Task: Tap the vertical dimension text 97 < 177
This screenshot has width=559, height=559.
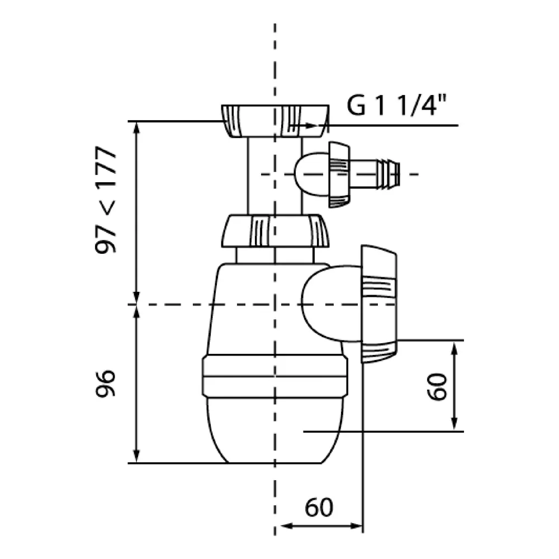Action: coord(106,200)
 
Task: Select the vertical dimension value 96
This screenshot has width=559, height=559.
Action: coord(106,383)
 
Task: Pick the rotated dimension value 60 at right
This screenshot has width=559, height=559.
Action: coord(438,386)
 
